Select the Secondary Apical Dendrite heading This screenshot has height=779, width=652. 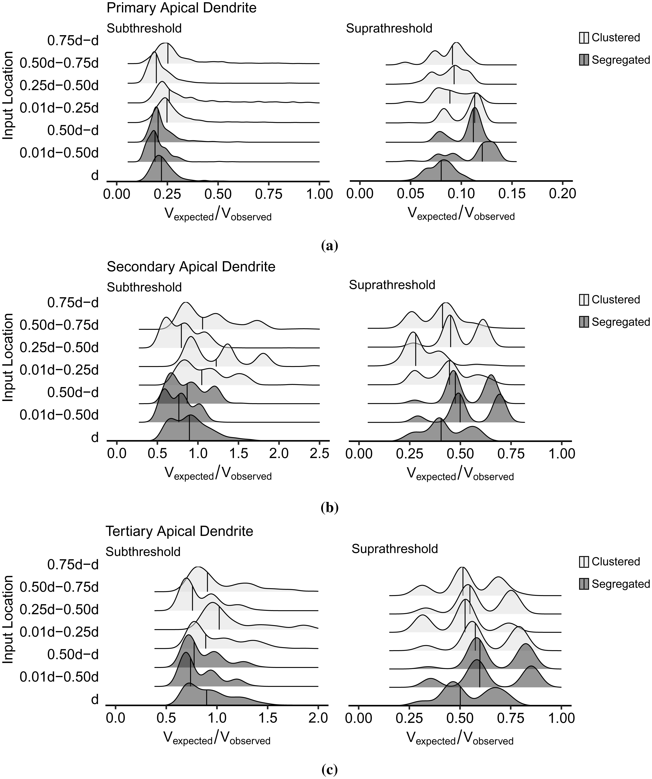[x=191, y=267]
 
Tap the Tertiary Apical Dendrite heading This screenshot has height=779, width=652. [x=180, y=531]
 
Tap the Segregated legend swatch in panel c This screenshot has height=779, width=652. [x=584, y=584]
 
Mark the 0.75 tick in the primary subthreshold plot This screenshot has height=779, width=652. [x=269, y=194]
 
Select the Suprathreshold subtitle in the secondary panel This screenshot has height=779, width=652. [x=392, y=285]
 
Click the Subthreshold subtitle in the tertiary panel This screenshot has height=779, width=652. [x=143, y=552]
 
